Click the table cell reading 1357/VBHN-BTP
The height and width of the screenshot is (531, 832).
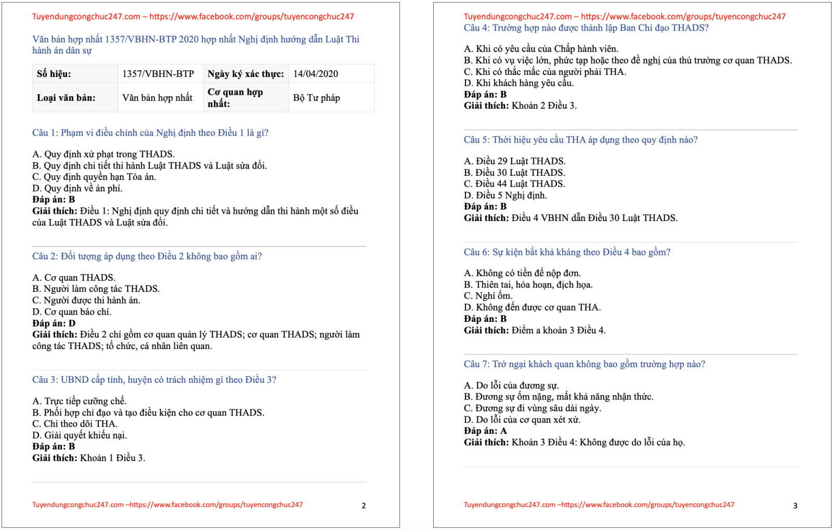tap(158, 74)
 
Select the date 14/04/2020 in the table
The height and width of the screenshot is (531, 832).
tap(316, 74)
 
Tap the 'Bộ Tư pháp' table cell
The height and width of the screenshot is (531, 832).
tap(317, 98)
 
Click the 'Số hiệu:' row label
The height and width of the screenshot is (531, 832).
tap(54, 74)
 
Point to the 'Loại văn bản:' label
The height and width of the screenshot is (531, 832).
tap(66, 98)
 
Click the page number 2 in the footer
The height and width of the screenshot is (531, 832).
tap(363, 506)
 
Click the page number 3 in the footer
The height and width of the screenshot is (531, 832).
tap(795, 506)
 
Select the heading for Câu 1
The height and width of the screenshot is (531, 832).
tap(150, 133)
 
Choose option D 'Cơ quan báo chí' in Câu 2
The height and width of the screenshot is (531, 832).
tap(72, 312)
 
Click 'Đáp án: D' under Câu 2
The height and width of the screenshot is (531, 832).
tap(54, 323)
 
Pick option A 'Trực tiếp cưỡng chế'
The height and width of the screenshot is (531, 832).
tap(79, 401)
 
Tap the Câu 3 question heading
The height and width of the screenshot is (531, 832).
tap(154, 380)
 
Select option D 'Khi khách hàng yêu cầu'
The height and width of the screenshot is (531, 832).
tap(518, 83)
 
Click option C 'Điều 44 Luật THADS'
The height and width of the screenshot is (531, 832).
tap(514, 184)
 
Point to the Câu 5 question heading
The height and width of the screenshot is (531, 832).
tap(580, 140)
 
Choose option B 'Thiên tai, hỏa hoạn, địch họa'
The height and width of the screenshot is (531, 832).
tap(528, 284)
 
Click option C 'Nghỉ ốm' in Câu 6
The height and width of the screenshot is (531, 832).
tap(488, 296)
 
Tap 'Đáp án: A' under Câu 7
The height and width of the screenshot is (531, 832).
tap(485, 431)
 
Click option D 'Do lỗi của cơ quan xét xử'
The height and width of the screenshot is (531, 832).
tap(522, 420)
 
